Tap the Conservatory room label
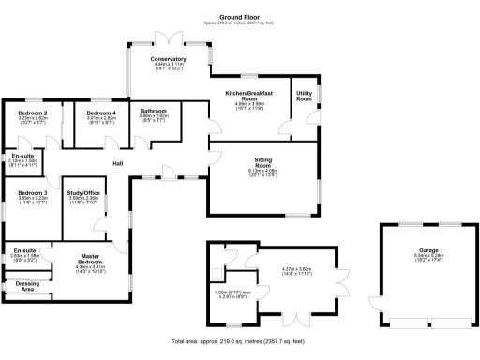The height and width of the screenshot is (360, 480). [169, 59]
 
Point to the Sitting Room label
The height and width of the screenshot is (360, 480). [262, 161]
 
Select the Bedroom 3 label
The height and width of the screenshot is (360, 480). [33, 193]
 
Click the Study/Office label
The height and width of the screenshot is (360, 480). [83, 193]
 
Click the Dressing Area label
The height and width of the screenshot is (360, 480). [27, 284]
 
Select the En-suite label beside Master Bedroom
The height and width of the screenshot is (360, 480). [24, 250]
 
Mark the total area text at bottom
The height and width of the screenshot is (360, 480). [240, 341]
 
